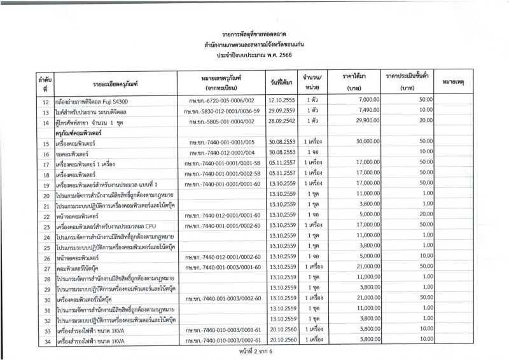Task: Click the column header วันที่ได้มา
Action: (281, 83)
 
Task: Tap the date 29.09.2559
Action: (281, 111)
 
